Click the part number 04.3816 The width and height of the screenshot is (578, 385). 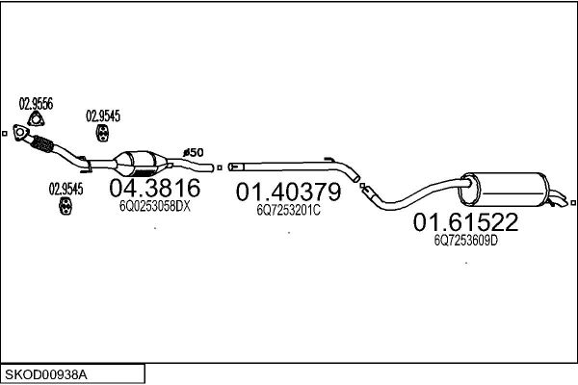[155, 188]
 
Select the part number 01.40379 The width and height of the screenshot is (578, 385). [289, 192]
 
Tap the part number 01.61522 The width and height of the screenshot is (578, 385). [465, 222]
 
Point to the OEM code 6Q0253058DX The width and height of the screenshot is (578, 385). [155, 206]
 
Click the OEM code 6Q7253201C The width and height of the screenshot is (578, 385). [289, 210]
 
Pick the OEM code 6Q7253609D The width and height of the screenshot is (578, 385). [466, 241]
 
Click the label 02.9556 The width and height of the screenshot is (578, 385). [36, 104]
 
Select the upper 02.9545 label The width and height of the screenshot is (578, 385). [103, 116]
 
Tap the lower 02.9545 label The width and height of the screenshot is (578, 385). [66, 190]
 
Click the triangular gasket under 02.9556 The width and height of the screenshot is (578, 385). [36, 119]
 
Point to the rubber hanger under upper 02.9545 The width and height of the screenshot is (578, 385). [102, 133]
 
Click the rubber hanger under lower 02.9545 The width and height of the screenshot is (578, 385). [65, 206]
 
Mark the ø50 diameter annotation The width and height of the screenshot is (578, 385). [194, 152]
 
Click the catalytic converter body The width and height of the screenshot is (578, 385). [140, 164]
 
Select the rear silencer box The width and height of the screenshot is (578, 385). [504, 189]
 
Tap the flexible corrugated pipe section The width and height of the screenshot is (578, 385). [42, 143]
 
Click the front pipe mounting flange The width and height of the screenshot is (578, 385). [20, 132]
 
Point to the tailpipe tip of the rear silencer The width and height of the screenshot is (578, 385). [558, 199]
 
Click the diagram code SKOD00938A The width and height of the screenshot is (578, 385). [46, 375]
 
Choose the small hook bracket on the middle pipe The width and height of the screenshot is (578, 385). [329, 159]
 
